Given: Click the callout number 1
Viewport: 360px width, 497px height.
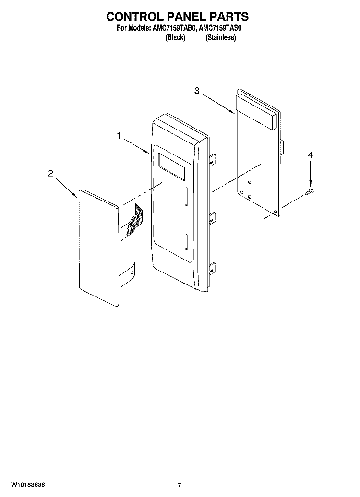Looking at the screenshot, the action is click(118, 136).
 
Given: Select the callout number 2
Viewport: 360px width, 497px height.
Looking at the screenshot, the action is click(51, 173).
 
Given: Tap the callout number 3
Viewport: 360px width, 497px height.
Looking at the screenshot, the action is click(197, 91).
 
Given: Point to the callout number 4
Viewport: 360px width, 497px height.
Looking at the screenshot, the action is click(310, 155).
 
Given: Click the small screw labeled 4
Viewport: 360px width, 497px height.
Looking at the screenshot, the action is click(309, 191).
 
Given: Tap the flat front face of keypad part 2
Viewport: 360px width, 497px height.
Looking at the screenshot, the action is click(98, 247).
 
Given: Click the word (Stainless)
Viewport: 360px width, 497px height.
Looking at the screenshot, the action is click(221, 38).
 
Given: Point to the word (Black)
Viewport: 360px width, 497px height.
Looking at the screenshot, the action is click(175, 38).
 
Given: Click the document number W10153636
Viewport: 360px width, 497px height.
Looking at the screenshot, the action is click(28, 485).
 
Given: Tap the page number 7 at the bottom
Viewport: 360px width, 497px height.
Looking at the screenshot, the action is click(180, 485).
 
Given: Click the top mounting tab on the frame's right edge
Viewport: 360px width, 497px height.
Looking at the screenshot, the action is click(212, 158).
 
